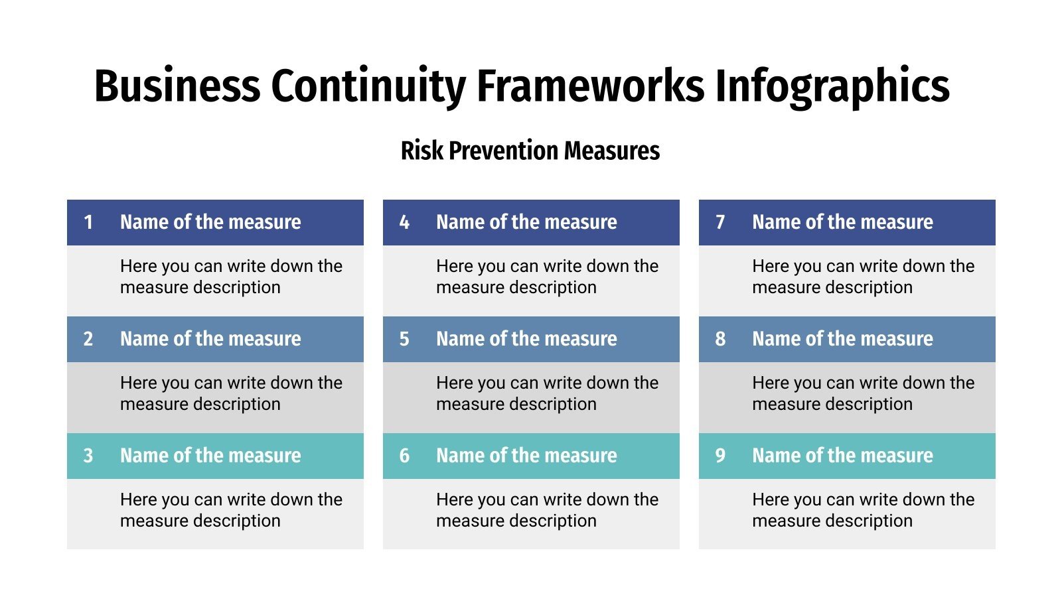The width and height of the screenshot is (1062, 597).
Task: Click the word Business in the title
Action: [177, 86]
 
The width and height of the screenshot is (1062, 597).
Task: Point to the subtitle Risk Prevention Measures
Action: [530, 151]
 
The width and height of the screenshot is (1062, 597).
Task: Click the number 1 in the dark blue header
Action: [88, 222]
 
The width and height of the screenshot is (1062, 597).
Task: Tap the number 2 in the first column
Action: [88, 339]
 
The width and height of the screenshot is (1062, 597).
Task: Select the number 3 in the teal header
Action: [88, 456]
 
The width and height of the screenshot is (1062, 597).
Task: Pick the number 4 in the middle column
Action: [404, 222]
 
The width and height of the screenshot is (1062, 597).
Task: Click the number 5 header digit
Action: [404, 339]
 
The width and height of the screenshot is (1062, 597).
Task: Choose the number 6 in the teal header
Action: [404, 456]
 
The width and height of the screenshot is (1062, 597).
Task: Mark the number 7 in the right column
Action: [720, 222]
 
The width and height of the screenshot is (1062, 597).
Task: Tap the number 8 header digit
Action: [720, 339]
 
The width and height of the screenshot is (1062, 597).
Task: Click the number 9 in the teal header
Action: [720, 456]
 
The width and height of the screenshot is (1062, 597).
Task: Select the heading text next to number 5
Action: [526, 339]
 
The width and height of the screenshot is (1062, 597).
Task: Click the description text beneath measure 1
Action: [230, 277]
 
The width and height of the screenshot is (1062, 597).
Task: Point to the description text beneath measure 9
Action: [863, 510]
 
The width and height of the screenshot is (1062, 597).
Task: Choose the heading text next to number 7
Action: [842, 222]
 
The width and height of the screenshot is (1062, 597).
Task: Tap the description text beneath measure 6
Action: [547, 510]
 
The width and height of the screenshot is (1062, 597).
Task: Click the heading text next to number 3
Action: [210, 456]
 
